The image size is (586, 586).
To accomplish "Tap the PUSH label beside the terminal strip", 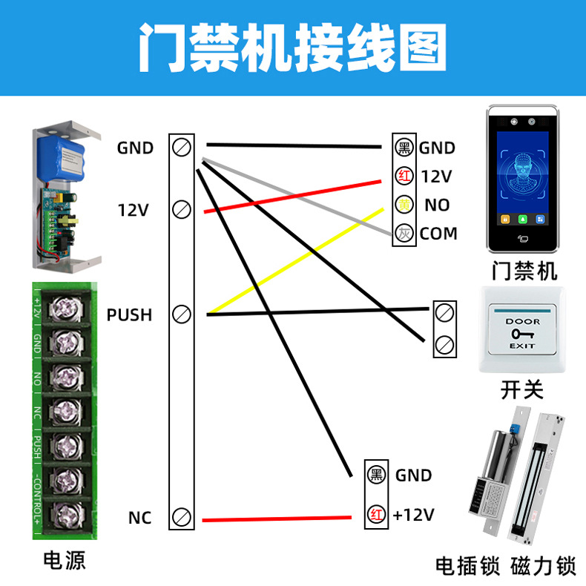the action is pyautogui.click(x=129, y=315).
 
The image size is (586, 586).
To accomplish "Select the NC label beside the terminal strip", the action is pyautogui.click(x=139, y=517).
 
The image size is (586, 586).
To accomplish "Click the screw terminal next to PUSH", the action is pyautogui.click(x=182, y=315).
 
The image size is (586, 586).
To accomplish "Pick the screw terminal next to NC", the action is pyautogui.click(x=182, y=517).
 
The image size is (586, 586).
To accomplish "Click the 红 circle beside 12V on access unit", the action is pyautogui.click(x=404, y=177).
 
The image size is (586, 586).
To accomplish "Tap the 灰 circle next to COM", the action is pyautogui.click(x=404, y=233).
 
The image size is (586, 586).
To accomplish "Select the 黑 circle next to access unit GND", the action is pyautogui.click(x=404, y=148).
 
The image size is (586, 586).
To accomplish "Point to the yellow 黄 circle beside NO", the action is pyautogui.click(x=404, y=204).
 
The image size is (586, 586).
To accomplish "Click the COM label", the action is pyautogui.click(x=438, y=234).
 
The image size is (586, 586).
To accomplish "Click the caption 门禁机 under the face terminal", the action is pyautogui.click(x=524, y=271).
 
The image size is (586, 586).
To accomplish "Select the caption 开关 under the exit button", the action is pyautogui.click(x=522, y=389).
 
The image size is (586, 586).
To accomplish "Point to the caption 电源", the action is pyautogui.click(x=65, y=560).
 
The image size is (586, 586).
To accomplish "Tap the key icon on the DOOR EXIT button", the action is pyautogui.click(x=521, y=334).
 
